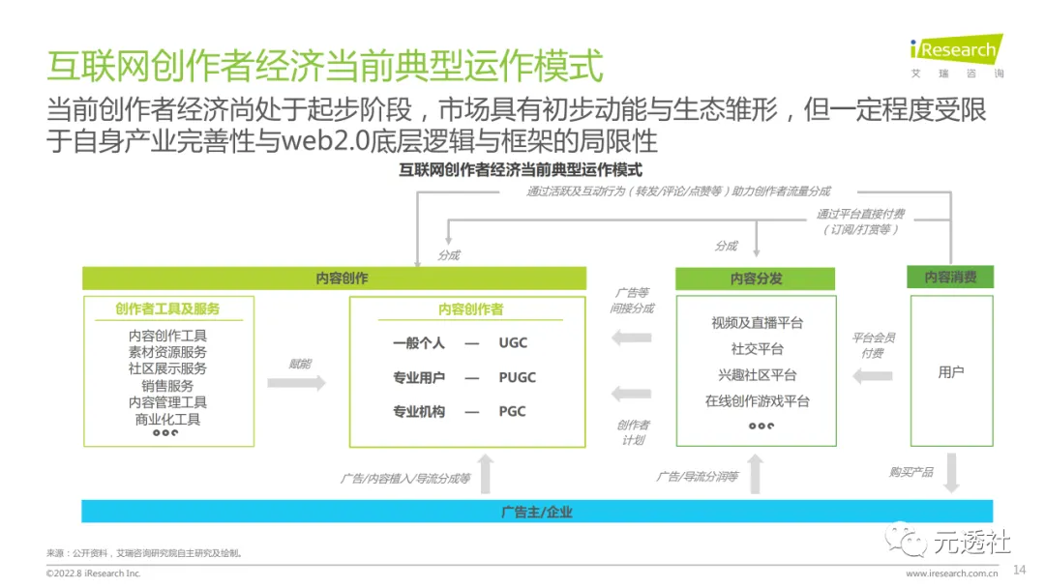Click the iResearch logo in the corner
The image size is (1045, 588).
[x=956, y=55]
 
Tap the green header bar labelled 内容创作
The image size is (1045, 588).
[x=335, y=279]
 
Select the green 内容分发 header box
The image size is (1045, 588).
[x=756, y=279]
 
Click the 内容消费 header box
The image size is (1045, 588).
[x=950, y=278]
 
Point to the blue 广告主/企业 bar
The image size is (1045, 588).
[x=537, y=512]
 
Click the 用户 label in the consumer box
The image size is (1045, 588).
[x=950, y=372]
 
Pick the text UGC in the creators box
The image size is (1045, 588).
[x=513, y=343]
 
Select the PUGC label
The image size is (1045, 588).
[x=517, y=377]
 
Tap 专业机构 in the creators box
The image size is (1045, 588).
[x=419, y=411]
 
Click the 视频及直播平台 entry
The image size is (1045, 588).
[x=757, y=323]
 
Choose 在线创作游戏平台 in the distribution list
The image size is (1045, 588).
[x=757, y=401]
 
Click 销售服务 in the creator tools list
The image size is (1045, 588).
[x=167, y=385]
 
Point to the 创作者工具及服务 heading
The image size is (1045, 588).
[x=167, y=309]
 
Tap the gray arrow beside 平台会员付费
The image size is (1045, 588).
[x=872, y=375]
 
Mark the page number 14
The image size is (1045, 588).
[x=1018, y=568]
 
